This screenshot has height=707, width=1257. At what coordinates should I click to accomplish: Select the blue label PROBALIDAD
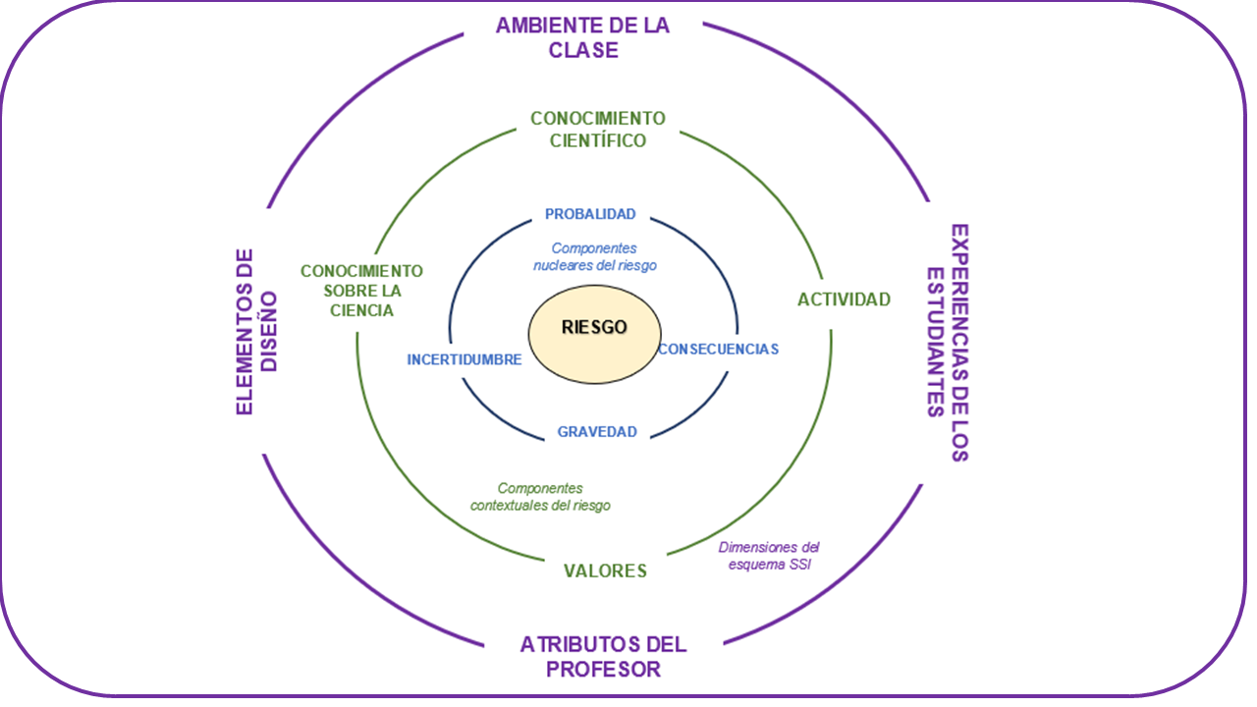(590, 214)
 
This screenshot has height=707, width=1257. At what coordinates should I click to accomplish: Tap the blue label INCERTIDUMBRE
(464, 360)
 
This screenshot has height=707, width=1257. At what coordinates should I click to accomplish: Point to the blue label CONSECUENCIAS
(718, 349)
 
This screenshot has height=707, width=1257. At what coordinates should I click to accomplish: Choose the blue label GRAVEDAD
(597, 431)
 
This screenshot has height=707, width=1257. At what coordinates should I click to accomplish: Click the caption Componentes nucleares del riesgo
(595, 257)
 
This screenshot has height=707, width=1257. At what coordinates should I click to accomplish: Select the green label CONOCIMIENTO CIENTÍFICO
(597, 130)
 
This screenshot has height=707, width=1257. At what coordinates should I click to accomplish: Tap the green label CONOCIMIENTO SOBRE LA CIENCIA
(361, 291)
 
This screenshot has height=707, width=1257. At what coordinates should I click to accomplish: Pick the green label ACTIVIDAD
(844, 299)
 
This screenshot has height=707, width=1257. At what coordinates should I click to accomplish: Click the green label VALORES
(605, 571)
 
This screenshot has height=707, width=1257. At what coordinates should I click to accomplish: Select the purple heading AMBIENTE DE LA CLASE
(582, 37)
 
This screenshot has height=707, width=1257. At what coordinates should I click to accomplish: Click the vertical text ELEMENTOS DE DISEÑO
(257, 331)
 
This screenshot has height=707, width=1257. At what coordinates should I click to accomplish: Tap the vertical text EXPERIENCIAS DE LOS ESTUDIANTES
(948, 343)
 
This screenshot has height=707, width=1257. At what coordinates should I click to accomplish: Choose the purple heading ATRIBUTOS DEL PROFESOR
(603, 657)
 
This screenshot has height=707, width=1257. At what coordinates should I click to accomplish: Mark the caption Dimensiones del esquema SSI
(768, 556)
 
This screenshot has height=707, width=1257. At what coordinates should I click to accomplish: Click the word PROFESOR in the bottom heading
(603, 670)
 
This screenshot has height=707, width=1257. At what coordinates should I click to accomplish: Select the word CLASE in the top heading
(583, 50)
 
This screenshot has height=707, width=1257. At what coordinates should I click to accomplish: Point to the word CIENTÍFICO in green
(597, 140)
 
